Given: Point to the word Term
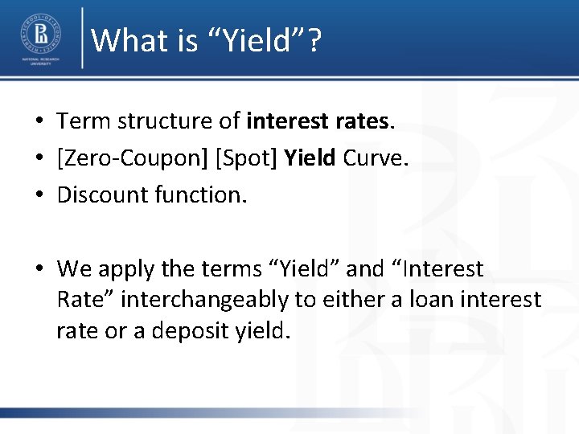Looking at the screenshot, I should [x=84, y=121].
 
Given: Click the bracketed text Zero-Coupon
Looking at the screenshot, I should [x=133, y=158].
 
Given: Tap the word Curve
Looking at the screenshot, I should [x=376, y=158].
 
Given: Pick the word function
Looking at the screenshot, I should [x=204, y=194].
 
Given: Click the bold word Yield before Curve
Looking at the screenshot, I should [x=310, y=158].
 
